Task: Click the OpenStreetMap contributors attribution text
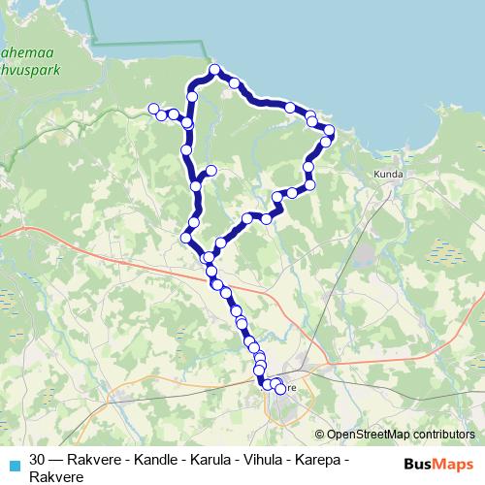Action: click(x=400, y=435)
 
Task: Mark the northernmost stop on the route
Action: click(x=215, y=70)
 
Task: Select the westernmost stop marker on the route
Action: click(x=152, y=109)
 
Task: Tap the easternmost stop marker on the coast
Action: click(x=329, y=130)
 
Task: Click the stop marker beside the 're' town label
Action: click(x=280, y=389)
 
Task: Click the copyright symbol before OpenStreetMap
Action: click(x=320, y=435)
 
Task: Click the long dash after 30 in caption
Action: click(x=57, y=460)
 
